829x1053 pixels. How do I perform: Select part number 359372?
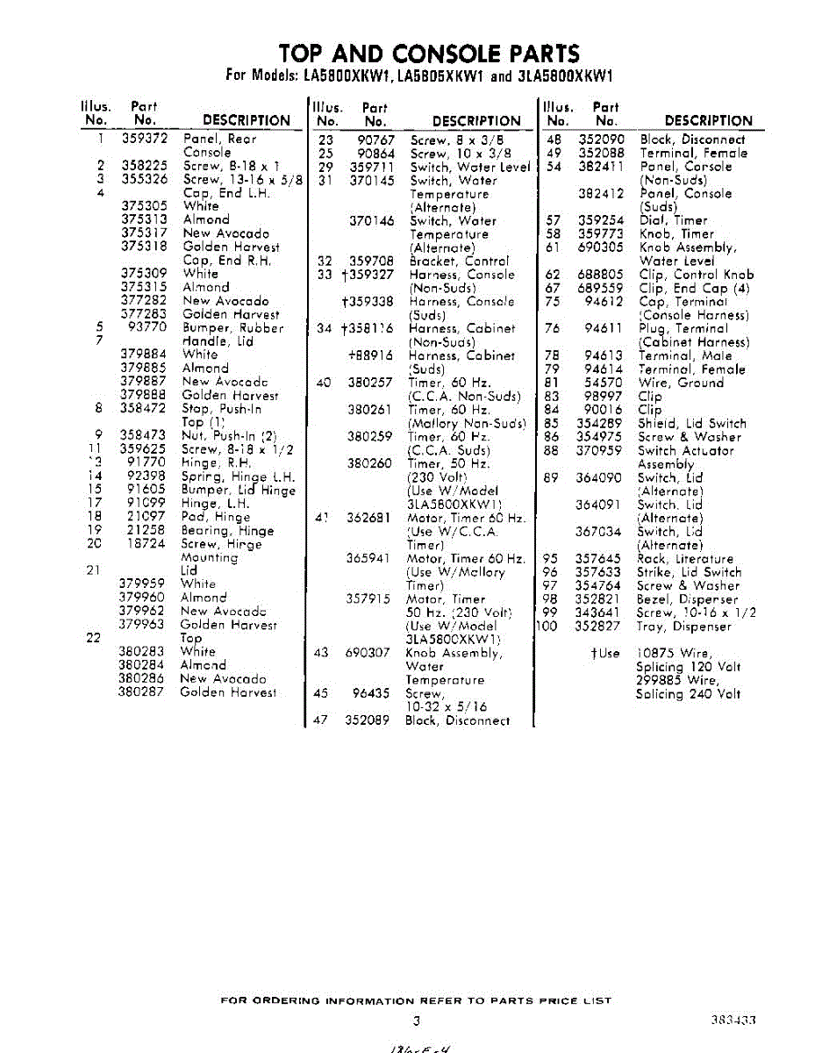pos(139,139)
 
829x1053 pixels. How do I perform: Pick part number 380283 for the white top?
pos(141,651)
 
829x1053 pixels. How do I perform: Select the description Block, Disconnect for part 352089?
pos(456,720)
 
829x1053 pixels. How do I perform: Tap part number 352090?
pos(601,139)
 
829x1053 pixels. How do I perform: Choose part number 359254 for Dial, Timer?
pos(601,220)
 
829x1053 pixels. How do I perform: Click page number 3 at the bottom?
pos(417,1021)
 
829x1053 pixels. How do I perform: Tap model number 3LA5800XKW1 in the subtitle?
pos(563,75)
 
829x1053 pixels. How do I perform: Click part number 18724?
pos(142,544)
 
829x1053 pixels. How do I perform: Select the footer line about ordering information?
pos(416,1000)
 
